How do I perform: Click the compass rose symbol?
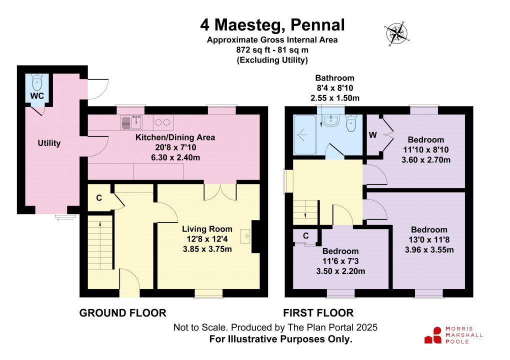(396, 33)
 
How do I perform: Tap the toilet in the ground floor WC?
(37, 81)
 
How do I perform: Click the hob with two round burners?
(163, 121)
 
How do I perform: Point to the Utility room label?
(49, 143)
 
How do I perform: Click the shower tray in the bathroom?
(304, 134)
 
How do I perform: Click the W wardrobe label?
(372, 135)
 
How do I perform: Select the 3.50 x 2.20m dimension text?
(340, 271)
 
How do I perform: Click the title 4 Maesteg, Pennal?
(272, 24)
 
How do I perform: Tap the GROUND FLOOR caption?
(122, 313)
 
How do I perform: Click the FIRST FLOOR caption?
(318, 313)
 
